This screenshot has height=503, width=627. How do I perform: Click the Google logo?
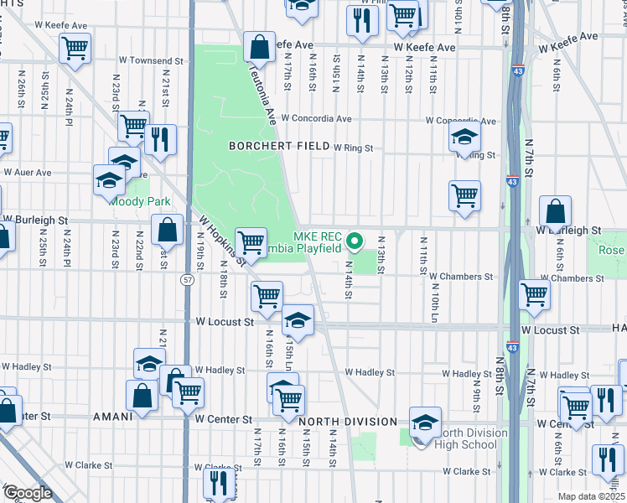[28, 493]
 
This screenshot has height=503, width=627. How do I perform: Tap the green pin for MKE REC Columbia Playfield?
[355, 242]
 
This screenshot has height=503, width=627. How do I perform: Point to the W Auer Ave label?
[28, 172]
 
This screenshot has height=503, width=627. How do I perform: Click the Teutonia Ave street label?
[259, 92]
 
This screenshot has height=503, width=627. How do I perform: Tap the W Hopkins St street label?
[220, 240]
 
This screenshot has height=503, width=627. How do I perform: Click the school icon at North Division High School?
[425, 421]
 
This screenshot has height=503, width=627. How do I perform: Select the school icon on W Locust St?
[297, 320]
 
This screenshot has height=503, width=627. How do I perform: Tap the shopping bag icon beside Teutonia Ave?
[260, 49]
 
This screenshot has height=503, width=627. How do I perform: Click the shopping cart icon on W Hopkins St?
[251, 243]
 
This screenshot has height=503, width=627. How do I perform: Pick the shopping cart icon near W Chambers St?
[534, 294]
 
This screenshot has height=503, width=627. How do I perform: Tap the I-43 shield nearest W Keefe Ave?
[518, 60]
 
